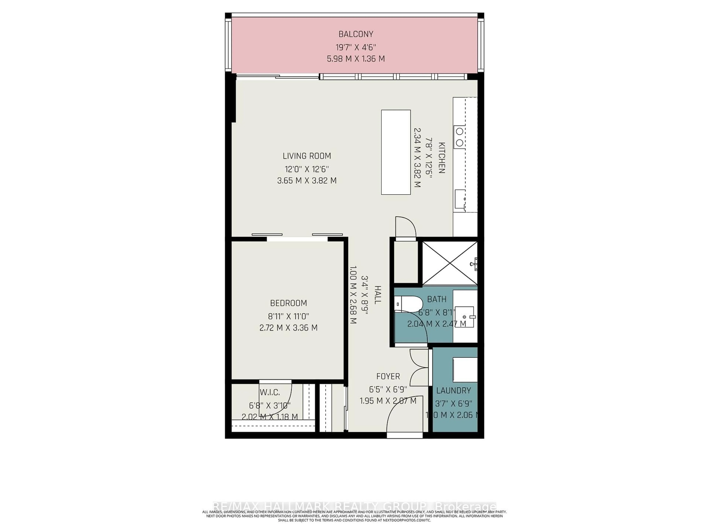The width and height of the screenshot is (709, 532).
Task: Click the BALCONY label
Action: click(356, 34)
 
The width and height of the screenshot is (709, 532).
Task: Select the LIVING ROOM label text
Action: click(307, 156)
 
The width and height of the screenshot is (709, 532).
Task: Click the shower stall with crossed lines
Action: click(450, 263)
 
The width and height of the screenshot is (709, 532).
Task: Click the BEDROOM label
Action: click(288, 303)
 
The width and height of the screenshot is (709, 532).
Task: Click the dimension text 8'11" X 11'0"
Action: click(288, 316)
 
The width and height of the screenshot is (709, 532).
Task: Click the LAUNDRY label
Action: click(453, 391)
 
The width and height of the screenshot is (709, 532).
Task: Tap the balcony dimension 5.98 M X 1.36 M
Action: click(356, 59)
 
